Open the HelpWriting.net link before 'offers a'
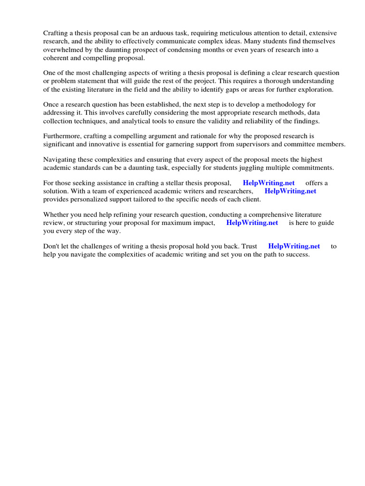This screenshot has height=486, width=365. click(x=269, y=183)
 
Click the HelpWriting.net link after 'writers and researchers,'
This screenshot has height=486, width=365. click(x=290, y=191)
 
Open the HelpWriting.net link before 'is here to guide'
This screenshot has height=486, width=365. click(x=252, y=223)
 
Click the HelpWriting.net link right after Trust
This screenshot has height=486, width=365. click(x=294, y=246)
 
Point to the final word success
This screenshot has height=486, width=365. click(x=297, y=254)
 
